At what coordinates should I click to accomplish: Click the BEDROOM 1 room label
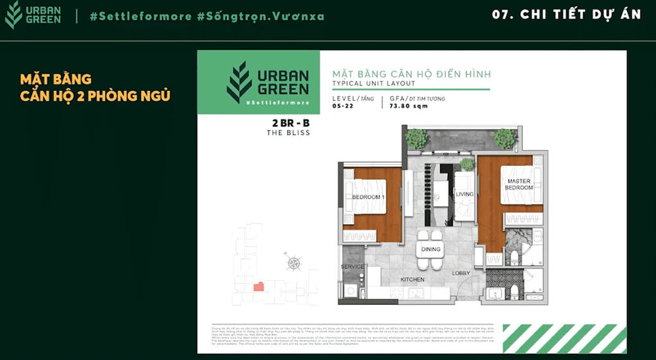tap(368, 197)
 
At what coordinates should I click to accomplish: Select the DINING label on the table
tap(430, 249)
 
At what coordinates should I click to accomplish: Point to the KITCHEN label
tap(413, 279)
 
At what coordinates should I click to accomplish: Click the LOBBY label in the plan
tap(461, 274)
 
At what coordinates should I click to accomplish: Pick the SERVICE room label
tap(352, 266)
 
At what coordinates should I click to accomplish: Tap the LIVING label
tap(464, 194)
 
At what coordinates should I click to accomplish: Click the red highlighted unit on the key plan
tap(258, 286)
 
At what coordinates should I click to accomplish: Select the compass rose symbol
tap(293, 261)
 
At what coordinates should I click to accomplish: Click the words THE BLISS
tap(288, 133)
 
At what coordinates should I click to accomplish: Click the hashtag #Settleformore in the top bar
tap(137, 16)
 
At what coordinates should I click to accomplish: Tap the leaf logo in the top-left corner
tap(13, 15)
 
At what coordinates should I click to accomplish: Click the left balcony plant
tap(416, 138)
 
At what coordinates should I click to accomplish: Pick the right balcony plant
tap(505, 138)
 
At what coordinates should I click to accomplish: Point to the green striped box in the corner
tap(564, 338)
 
